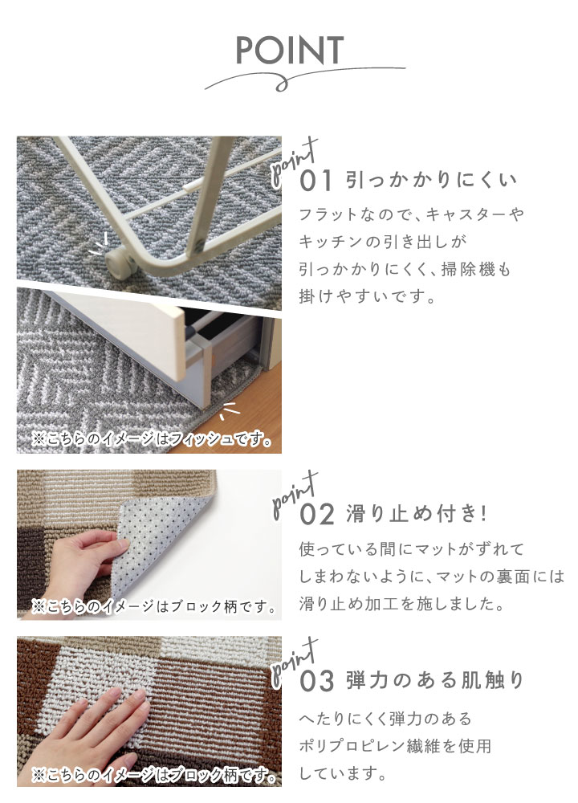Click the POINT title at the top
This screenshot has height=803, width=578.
[x=289, y=50]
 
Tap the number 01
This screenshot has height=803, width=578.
[x=315, y=181]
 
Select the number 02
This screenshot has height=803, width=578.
[x=317, y=514]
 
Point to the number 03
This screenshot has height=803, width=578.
[x=317, y=681]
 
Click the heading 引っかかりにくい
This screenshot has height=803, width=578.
[x=432, y=180]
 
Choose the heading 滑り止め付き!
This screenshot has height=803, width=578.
[x=416, y=514]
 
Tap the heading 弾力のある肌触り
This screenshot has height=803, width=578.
[x=435, y=681]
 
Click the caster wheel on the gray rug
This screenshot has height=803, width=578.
[x=117, y=263]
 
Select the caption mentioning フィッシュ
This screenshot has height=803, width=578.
[x=152, y=439]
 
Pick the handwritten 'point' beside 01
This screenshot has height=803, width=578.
[x=295, y=161]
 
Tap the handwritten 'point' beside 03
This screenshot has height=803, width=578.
[x=295, y=662]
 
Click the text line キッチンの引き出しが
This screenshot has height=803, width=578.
[x=382, y=241]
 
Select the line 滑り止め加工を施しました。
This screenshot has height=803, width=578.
[x=402, y=604]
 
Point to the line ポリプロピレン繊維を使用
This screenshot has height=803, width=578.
[x=395, y=746]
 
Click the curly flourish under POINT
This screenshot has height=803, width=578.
[x=304, y=79]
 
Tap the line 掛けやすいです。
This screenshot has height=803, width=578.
[x=367, y=296]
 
